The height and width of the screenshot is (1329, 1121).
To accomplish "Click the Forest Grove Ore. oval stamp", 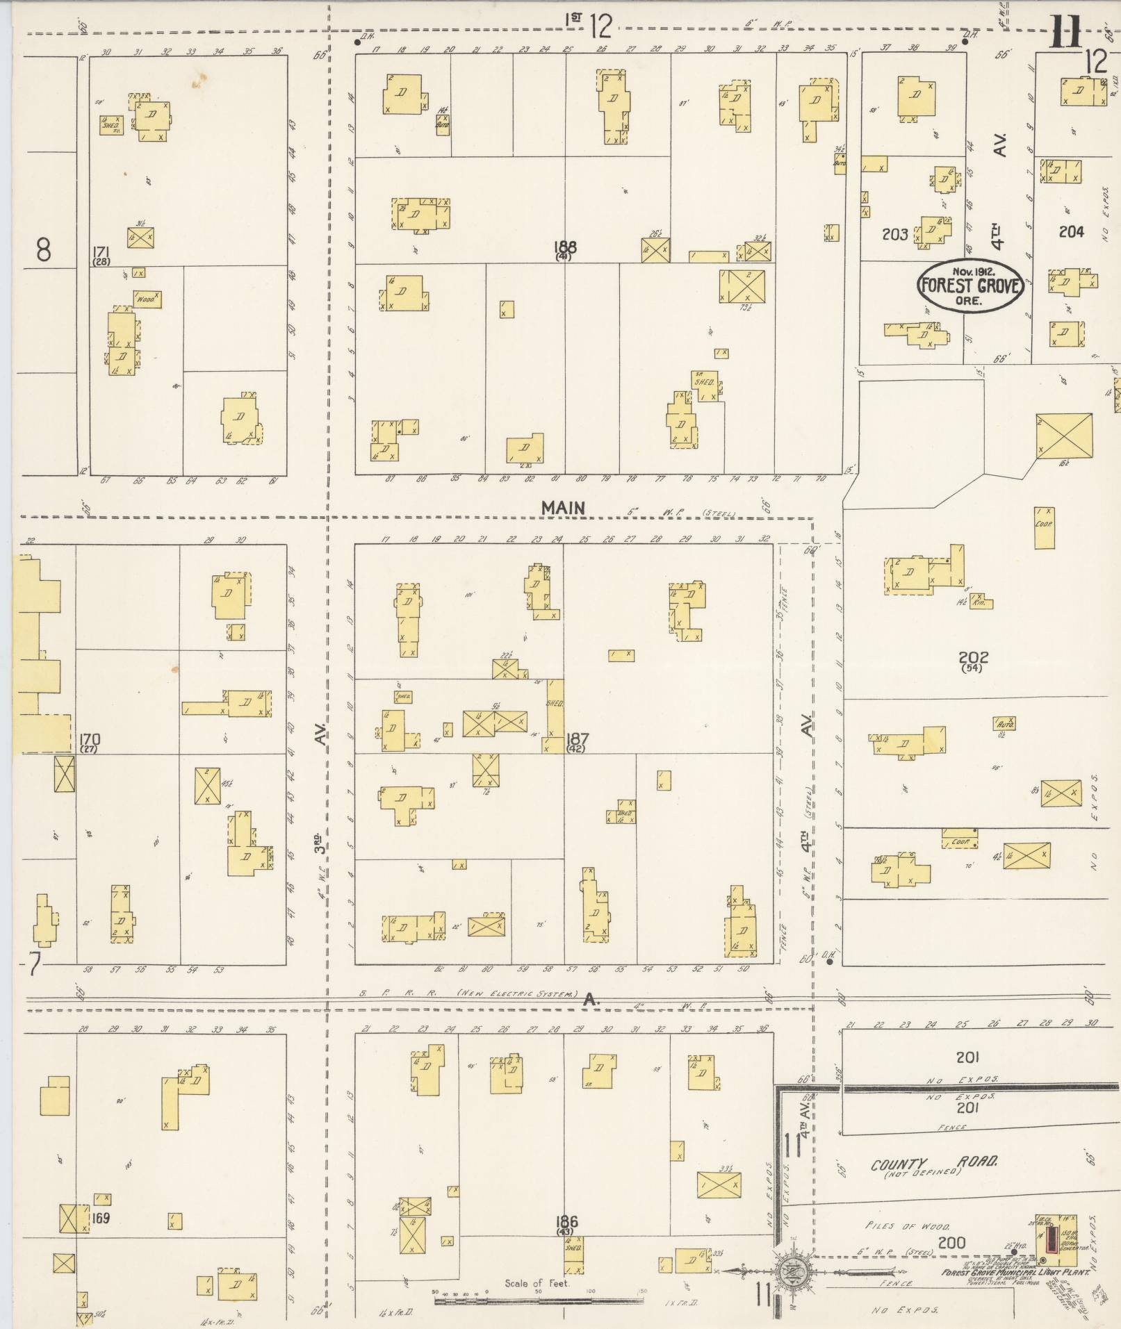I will click(x=970, y=286).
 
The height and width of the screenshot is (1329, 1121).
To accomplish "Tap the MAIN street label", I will click(x=563, y=508).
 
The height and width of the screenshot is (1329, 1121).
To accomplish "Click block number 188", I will click(x=565, y=247).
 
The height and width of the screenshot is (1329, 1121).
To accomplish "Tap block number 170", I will click(x=90, y=738).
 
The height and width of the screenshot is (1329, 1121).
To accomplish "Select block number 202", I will click(x=973, y=657).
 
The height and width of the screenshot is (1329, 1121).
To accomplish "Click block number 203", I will click(x=894, y=235).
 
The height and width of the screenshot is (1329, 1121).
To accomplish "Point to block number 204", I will click(x=1071, y=232).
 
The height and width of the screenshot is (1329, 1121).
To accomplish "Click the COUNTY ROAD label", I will click(x=934, y=1163).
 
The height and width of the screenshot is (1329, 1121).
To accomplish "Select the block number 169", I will click(x=101, y=1218).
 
